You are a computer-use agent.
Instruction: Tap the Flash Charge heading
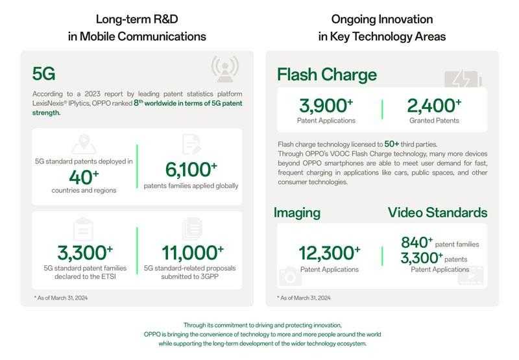326,75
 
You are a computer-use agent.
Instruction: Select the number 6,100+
191,170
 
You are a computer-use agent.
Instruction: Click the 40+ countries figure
84,177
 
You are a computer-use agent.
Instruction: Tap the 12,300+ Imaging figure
330,253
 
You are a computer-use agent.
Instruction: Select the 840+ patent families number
416,243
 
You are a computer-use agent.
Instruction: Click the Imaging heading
296,213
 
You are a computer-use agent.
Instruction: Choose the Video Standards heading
437,213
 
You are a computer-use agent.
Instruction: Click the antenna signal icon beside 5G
224,69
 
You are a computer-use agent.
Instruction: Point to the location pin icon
83,144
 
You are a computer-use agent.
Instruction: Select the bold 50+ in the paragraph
392,144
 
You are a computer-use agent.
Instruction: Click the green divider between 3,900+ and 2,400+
382,110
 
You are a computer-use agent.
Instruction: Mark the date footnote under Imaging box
304,298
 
